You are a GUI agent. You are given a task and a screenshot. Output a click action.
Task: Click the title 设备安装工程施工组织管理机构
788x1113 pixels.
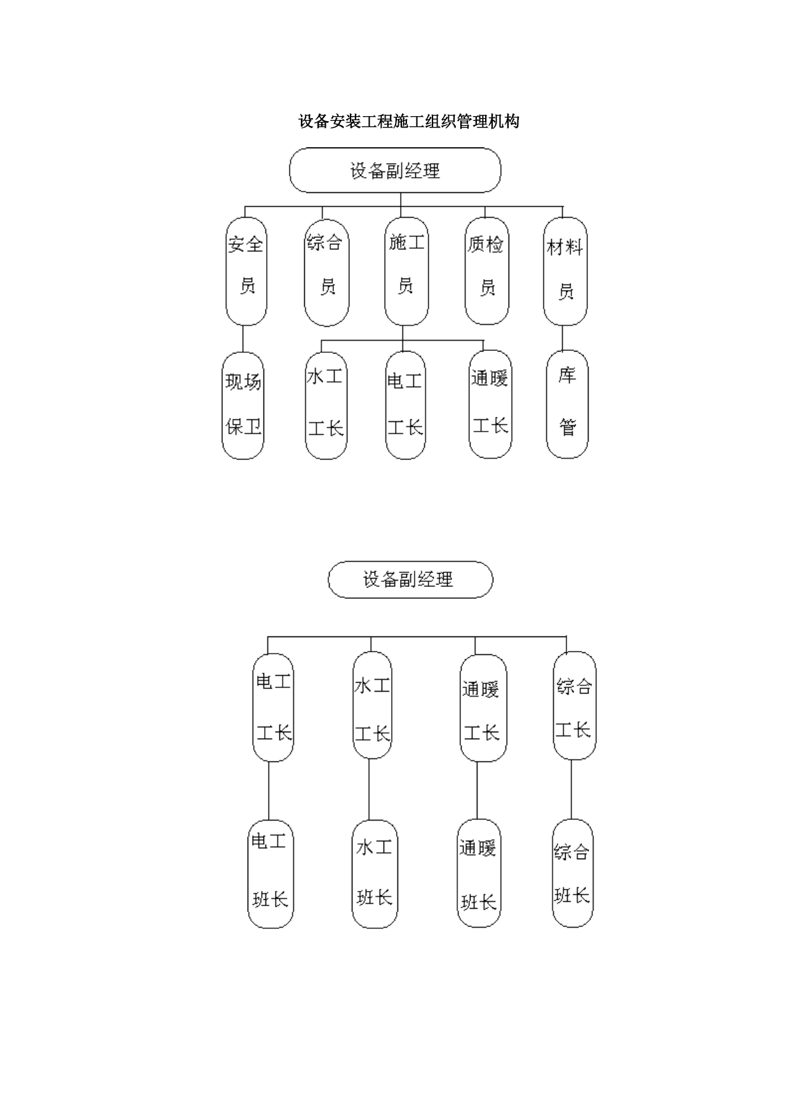(409, 121)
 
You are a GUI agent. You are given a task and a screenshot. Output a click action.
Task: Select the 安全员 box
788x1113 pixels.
(246, 272)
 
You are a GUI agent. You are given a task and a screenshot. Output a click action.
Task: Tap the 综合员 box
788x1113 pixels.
(326, 273)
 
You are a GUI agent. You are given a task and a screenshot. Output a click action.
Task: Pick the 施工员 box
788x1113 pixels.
(406, 272)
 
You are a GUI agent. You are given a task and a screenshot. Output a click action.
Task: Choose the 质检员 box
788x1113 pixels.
(487, 272)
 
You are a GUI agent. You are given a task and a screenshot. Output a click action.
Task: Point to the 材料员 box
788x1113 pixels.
(565, 272)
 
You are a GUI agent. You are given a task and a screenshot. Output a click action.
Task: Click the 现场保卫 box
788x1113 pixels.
(243, 406)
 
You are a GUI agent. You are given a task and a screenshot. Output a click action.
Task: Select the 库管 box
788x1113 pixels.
(567, 404)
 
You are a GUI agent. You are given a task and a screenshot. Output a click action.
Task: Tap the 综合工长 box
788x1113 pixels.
(574, 706)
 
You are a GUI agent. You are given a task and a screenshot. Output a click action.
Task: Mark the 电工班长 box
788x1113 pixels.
(270, 874)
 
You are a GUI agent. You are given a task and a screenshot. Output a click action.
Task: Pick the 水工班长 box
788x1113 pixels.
(375, 874)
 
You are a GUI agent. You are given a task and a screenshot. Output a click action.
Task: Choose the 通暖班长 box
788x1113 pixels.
(479, 873)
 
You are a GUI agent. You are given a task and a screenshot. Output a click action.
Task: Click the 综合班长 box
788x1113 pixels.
(572, 873)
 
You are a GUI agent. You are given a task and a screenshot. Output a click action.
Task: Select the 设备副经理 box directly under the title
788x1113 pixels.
(395, 170)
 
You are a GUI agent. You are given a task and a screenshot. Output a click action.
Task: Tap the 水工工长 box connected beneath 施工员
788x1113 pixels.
(326, 405)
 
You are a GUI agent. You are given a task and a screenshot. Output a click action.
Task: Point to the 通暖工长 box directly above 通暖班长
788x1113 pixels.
(483, 708)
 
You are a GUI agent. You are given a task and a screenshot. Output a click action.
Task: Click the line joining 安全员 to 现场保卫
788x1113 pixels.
(243, 339)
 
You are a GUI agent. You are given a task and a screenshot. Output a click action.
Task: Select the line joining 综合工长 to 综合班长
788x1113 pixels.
(571, 790)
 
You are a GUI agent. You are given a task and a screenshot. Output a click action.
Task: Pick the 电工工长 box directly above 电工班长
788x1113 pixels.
(273, 708)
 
